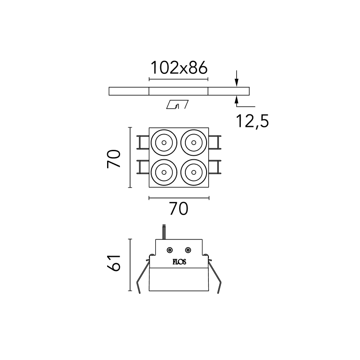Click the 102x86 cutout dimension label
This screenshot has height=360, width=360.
click(179, 68)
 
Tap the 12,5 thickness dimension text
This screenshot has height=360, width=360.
click(252, 121)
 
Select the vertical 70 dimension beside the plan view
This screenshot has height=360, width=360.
click(114, 159)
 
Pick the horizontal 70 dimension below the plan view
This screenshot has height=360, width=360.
click(179, 208)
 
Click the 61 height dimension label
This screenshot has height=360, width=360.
click(114, 263)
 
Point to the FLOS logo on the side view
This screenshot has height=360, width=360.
click(179, 262)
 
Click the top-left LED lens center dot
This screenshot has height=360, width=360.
click(164, 143)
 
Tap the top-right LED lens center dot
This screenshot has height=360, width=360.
click(193, 143)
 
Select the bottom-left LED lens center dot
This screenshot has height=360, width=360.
click(164, 172)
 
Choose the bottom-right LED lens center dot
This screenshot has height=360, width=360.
click(193, 172)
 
